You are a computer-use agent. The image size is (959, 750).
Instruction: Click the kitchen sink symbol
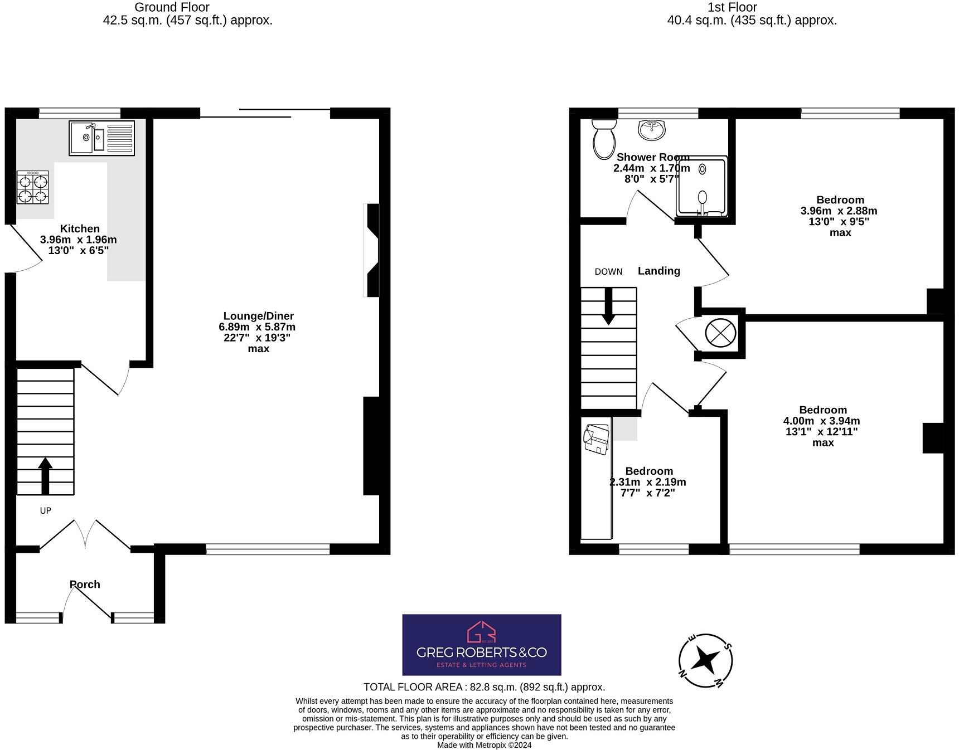pos(101,138)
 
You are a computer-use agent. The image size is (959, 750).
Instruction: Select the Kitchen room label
pos(80,228)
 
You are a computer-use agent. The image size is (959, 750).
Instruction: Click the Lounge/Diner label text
pos(258,316)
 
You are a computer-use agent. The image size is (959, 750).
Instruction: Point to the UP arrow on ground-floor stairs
pos(45,475)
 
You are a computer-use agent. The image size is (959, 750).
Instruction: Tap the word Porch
pos(85,584)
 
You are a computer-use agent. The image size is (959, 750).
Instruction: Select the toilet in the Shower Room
pos(603,138)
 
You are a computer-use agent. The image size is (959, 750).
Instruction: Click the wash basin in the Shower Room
pos(652,129)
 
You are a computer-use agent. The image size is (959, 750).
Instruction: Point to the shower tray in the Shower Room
pos(701,186)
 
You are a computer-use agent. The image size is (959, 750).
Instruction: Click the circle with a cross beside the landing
pos(720,333)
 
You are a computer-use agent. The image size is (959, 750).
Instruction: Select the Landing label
pos(659,271)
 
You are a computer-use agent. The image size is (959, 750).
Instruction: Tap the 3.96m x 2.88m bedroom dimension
pos(839,211)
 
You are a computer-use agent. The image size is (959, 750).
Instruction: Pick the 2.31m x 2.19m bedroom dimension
pos(648,482)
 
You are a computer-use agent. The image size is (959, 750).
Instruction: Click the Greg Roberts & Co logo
pos(482,645)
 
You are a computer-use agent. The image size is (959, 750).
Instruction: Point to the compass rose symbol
pos(705,661)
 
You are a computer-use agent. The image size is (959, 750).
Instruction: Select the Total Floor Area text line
pos(484,687)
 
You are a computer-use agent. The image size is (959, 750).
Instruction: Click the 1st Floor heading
pos(732,7)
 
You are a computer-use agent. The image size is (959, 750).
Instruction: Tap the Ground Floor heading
pos(172,7)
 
